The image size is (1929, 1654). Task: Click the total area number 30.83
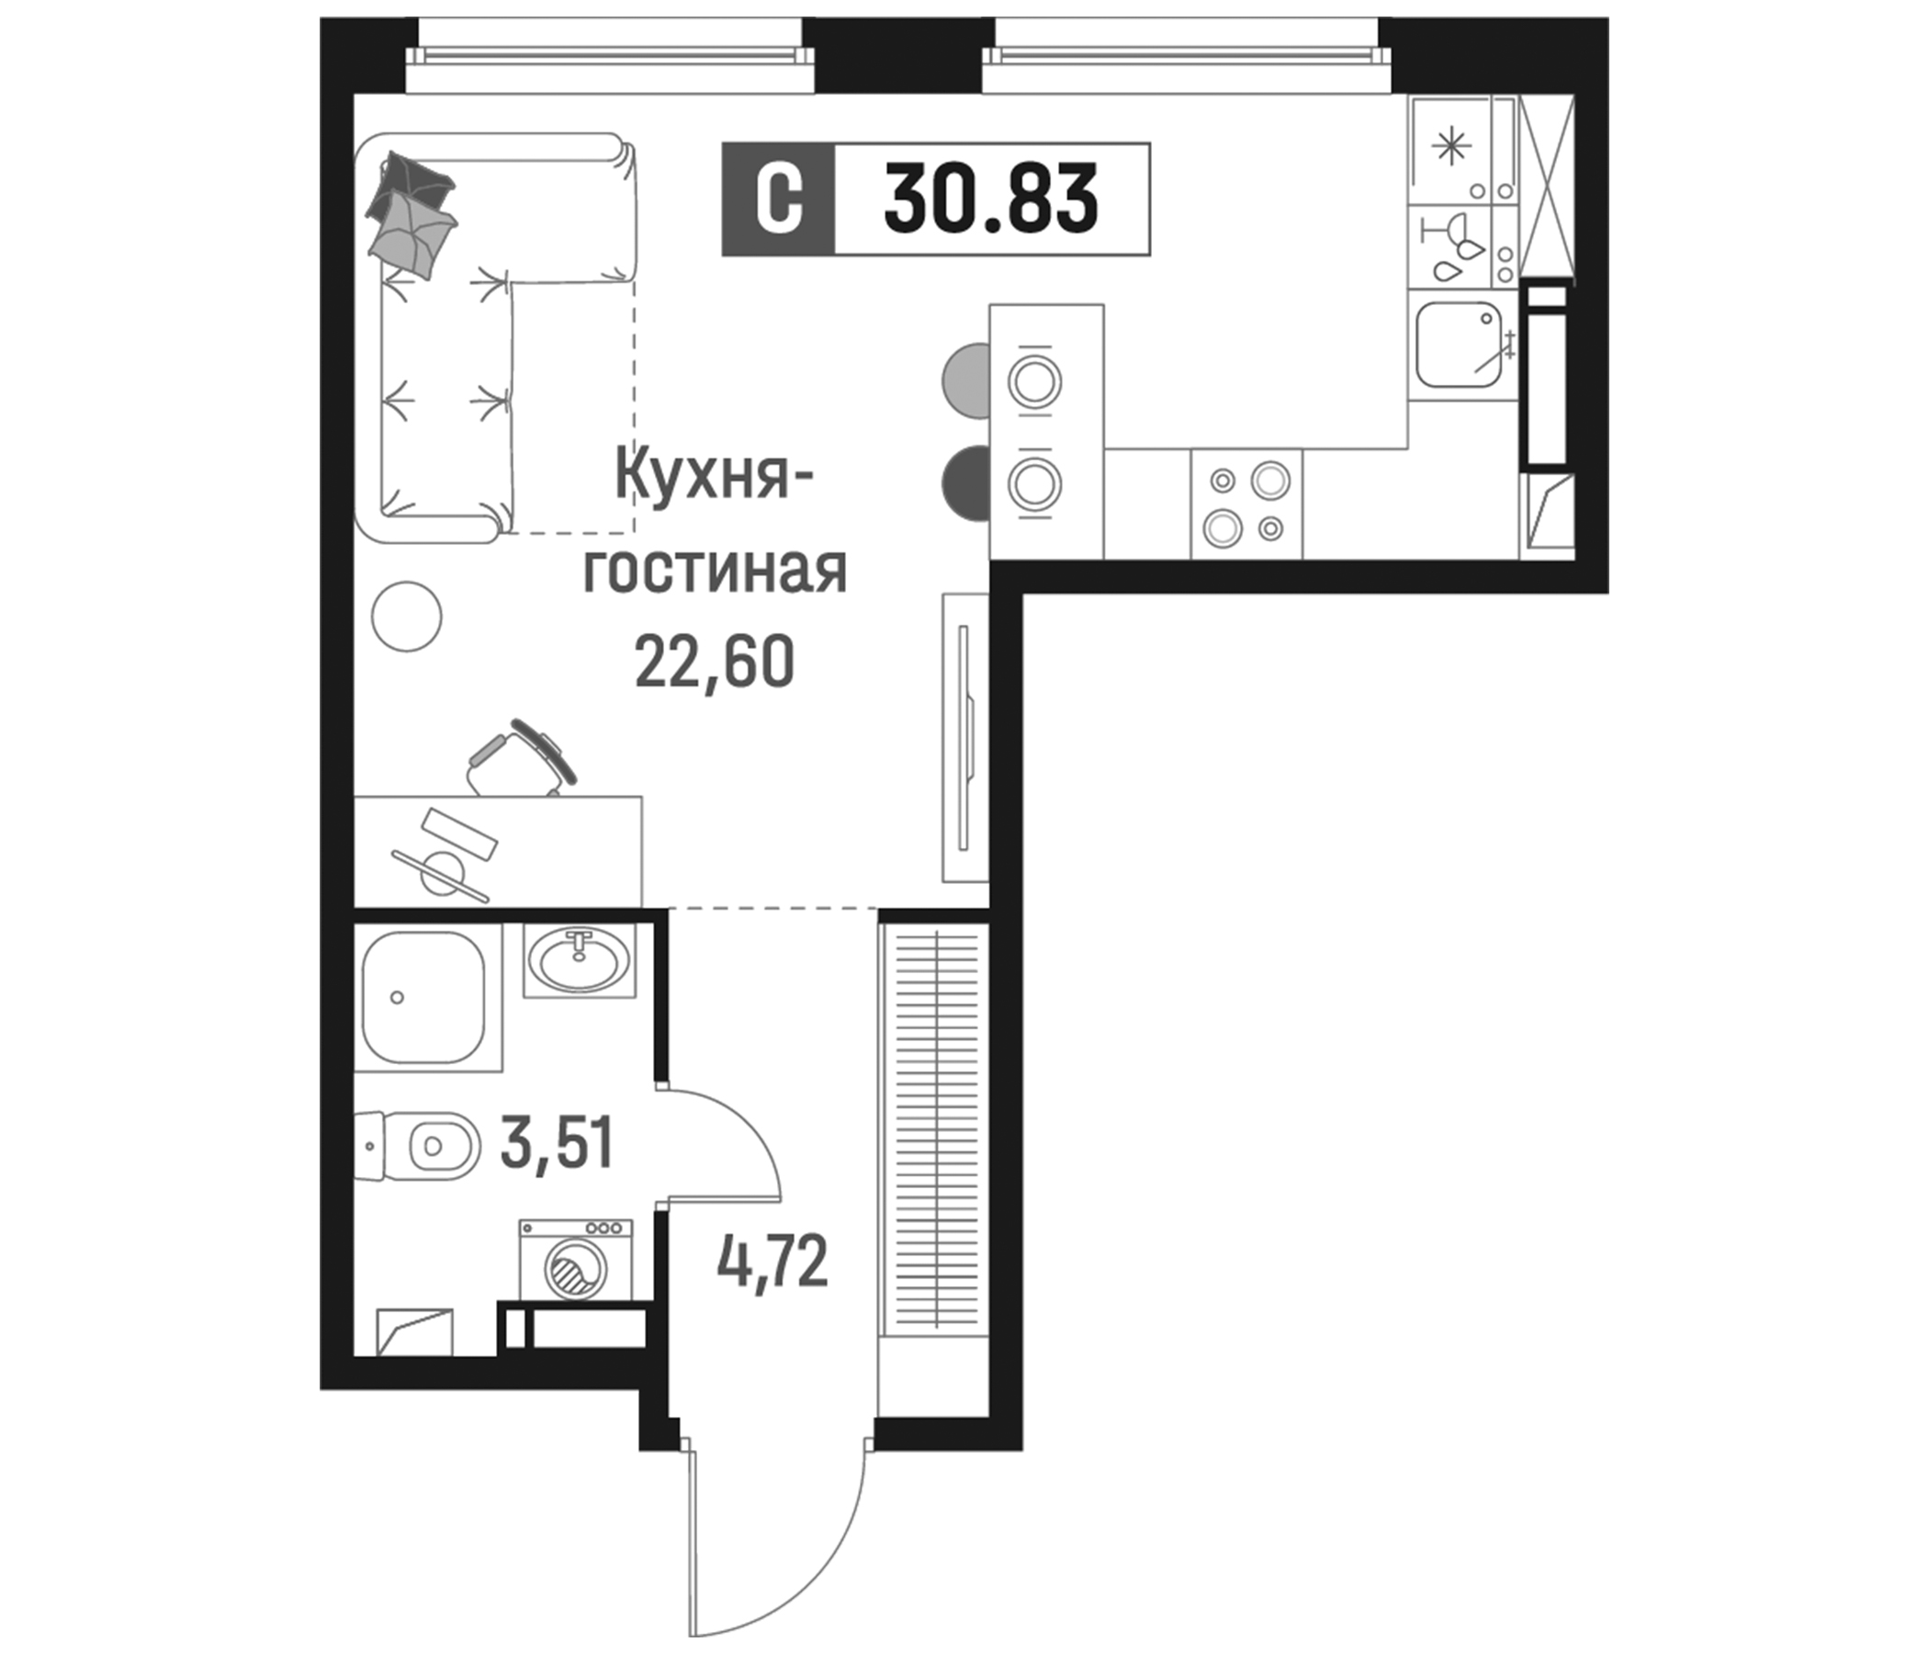[x=990, y=199]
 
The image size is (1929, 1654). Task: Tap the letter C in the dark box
[x=778, y=199]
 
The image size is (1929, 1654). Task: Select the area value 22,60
[x=714, y=662]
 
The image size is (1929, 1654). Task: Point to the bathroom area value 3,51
[x=557, y=1144]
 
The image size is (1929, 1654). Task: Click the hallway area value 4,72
[x=773, y=1263]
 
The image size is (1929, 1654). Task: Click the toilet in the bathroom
[x=421, y=1146]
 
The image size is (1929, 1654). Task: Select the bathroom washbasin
[x=578, y=960]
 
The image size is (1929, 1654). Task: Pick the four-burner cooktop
[x=1247, y=504]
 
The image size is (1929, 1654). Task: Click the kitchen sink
[x=1459, y=345]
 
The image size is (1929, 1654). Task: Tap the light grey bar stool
[x=966, y=380]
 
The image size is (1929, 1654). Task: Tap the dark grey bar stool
[x=966, y=483]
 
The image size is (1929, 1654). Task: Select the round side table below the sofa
[x=406, y=616]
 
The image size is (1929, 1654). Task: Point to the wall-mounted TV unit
[x=964, y=737]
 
